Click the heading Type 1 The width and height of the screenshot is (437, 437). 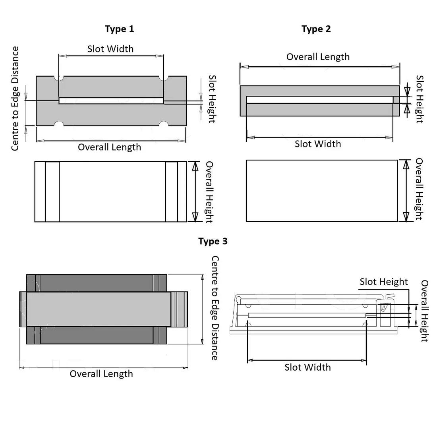coord(119,29)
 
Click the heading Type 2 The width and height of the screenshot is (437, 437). coord(316,29)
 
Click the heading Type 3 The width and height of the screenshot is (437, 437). coord(213,242)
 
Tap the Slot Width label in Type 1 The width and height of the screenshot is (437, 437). coord(110,49)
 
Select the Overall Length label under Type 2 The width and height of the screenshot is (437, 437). coord(318,57)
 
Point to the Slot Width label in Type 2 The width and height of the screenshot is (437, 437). coord(318,144)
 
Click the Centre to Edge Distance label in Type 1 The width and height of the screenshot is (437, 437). coord(15,99)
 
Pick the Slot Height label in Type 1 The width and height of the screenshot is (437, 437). coord(212,99)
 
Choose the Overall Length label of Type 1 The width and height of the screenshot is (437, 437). coord(109,147)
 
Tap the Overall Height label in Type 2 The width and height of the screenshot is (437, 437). coord(419,189)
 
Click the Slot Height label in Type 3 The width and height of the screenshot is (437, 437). coord(384,282)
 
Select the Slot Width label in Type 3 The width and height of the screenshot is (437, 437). coord(307,367)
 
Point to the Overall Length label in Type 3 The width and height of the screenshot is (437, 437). coord(101,374)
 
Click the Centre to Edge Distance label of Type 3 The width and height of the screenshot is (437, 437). coord(215,308)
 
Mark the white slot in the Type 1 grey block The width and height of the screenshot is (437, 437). coord(111,101)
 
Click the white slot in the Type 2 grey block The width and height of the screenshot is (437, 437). coord(320,100)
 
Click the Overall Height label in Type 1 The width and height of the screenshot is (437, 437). coord(209,192)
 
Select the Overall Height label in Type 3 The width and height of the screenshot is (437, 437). coord(424,311)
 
